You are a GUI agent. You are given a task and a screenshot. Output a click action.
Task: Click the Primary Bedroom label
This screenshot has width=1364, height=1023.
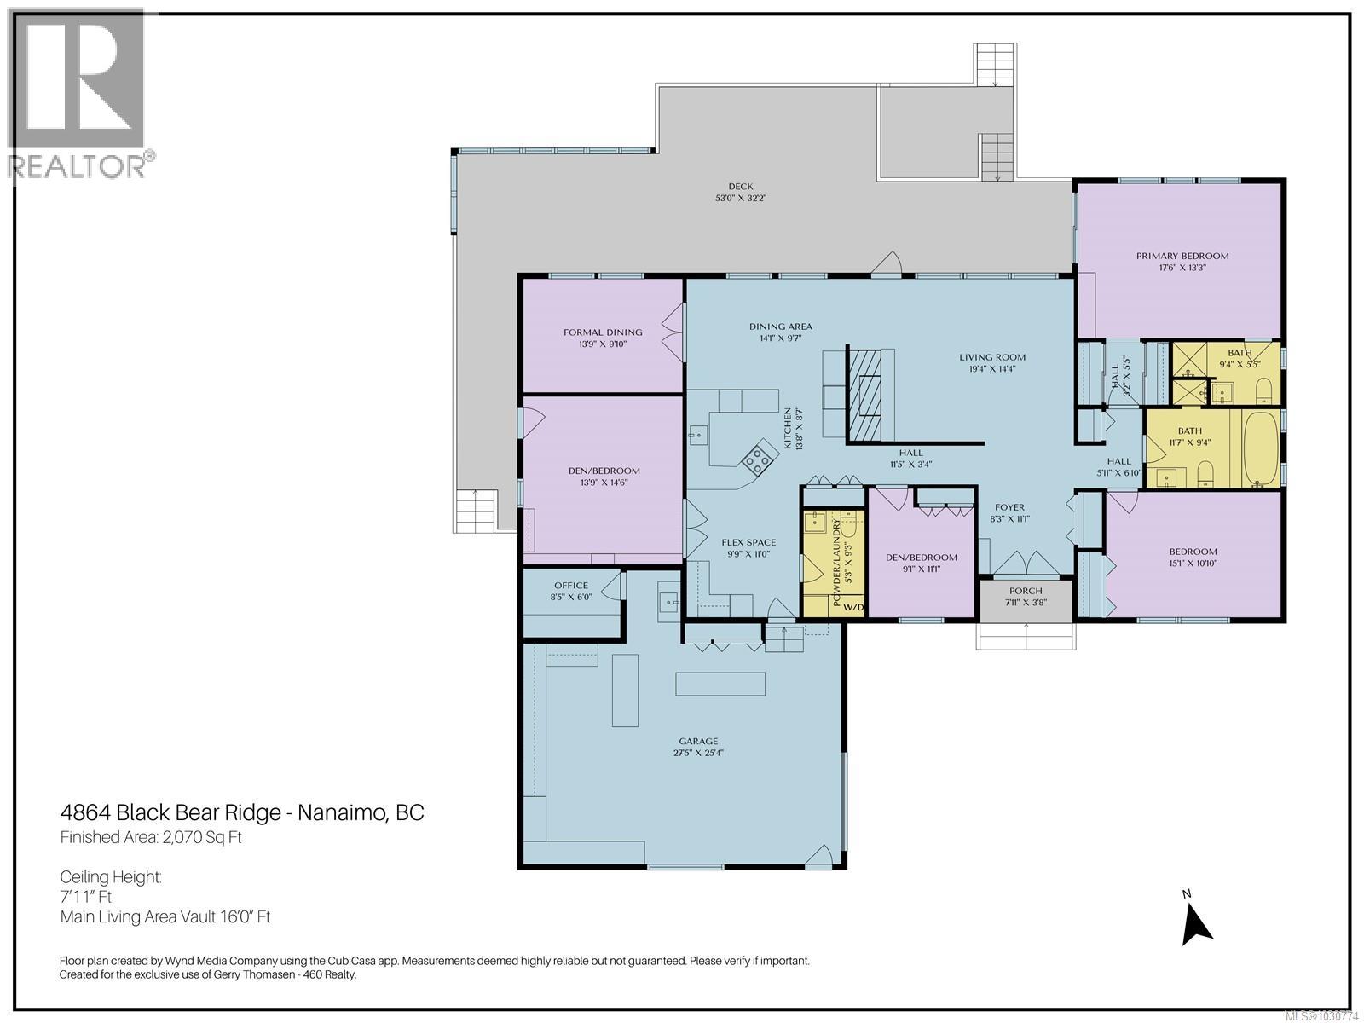[1182, 256]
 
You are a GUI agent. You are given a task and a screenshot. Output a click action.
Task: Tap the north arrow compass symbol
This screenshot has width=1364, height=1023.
[1196, 925]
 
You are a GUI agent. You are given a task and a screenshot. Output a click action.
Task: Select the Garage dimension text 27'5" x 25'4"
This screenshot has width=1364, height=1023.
[698, 753]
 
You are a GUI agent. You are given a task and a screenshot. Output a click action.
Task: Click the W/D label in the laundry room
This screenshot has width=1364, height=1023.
[853, 607]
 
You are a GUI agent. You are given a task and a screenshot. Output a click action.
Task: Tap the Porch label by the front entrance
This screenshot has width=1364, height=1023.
[1026, 591]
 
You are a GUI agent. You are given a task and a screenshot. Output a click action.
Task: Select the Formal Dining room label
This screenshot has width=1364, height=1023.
[603, 332]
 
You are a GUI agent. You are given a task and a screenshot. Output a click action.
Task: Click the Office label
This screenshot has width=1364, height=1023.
[570, 585]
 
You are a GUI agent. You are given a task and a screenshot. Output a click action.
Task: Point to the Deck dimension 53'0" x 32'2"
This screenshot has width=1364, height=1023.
[741, 198]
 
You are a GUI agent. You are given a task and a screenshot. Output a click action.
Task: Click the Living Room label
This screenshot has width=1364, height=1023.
[991, 357]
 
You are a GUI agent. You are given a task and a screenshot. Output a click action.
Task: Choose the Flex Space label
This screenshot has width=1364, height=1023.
[748, 542]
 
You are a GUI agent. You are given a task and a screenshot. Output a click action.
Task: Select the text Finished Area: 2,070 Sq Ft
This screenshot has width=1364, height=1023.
[151, 837]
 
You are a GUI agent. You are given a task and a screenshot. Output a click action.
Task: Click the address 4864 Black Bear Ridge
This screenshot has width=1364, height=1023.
[170, 812]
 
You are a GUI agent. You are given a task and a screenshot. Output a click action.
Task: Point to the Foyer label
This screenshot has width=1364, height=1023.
[1009, 507]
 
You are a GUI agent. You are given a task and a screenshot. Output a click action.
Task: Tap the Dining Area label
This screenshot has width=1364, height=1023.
[780, 327]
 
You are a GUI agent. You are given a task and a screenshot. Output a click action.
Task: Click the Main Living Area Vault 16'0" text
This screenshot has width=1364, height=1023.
[165, 917]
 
